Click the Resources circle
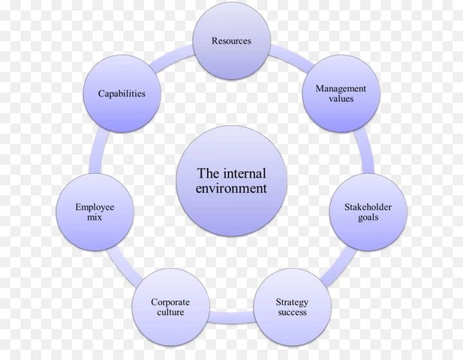pos(230,40)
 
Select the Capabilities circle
pos(121,94)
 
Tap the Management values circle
pos(340,94)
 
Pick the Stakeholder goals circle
pos(368,211)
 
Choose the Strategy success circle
pos(292,307)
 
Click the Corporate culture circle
pos(170,307)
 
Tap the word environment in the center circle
pos(231,188)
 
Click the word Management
pos(340,88)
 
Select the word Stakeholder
pos(368,206)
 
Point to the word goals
pos(368,217)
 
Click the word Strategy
pos(292,302)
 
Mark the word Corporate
pos(170,302)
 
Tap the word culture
pos(170,313)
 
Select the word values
pos(340,99)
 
